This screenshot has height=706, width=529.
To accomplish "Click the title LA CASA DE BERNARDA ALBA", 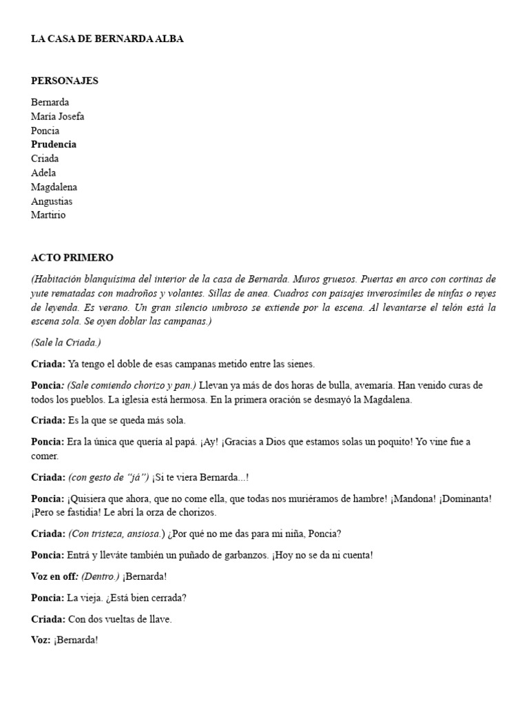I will [107, 39].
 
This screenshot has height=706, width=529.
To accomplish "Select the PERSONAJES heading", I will [65, 81].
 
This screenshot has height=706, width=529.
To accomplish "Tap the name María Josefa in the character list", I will [58, 117].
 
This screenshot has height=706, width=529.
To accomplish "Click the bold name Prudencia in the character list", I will [54, 145].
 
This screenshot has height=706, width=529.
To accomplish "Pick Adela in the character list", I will [43, 173].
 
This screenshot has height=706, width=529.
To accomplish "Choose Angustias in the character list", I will [52, 201].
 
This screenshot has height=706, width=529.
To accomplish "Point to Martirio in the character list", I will [49, 215].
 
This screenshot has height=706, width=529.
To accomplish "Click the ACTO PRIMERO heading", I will [72, 258].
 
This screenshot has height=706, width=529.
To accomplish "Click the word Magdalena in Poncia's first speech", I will [393, 399].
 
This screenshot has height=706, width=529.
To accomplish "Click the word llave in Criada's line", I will [158, 619].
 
